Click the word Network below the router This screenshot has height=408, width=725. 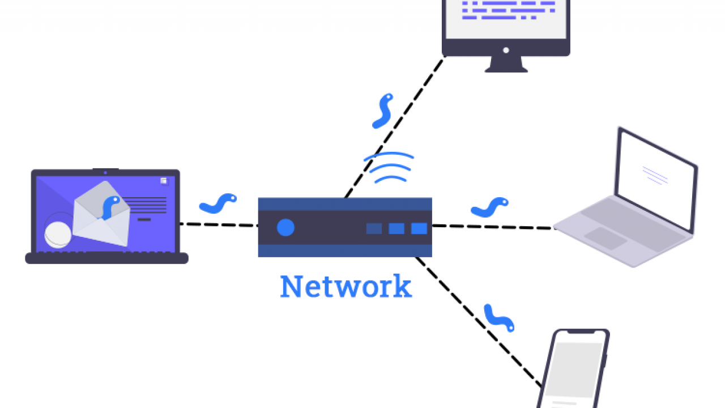pos(346,287)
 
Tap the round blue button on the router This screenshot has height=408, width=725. pos(285,228)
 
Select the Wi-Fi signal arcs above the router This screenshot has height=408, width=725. pos(389,167)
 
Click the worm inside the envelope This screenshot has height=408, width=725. pos(110,206)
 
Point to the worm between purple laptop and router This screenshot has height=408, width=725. pos(218,203)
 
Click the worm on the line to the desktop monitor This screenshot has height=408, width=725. pos(382,110)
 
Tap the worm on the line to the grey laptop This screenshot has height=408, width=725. pos(489,207)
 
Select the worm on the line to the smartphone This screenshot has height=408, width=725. pos(499,318)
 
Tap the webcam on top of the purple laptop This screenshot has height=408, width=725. pos(105,171)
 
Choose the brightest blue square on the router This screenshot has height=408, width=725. pos(419,228)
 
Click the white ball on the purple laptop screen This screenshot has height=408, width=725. pos(58,234)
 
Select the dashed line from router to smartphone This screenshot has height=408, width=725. pos(479,320)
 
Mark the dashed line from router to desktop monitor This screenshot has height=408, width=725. pos(396,125)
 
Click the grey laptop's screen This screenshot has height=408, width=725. pos(657,178)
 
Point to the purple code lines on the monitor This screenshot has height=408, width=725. pos(507,10)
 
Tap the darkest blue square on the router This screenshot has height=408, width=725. pos(374,228)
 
